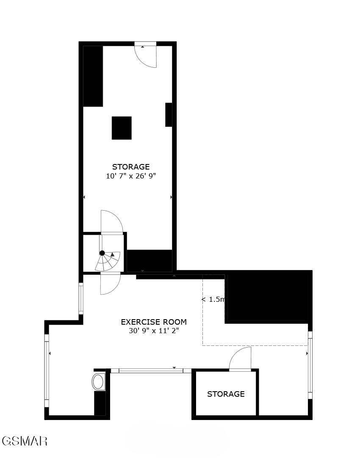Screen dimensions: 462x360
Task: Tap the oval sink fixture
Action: pos(99,381)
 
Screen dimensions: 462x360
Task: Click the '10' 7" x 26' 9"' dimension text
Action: pos(131,176)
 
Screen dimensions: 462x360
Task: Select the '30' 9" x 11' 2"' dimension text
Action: pos(154,331)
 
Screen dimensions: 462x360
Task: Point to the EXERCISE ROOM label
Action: pos(154,322)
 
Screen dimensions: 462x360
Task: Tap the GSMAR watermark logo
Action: pos(24,441)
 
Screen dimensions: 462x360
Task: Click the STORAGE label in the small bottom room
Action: pos(226,394)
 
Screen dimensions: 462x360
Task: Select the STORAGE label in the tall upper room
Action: pos(131,167)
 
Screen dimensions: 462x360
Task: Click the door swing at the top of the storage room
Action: pos(147,56)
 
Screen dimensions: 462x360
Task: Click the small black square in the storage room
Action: pos(122,128)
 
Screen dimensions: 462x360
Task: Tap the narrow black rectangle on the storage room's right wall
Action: pos(169,114)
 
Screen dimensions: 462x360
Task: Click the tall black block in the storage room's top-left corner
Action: pos(93,76)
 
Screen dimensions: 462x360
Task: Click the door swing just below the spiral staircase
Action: pos(110,284)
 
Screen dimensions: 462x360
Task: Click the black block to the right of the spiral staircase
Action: pos(150,260)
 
